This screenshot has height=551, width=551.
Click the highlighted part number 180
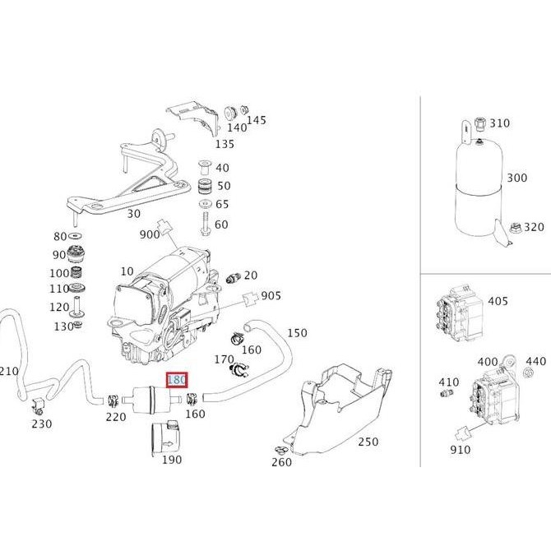177,380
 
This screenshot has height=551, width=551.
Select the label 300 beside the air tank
517,178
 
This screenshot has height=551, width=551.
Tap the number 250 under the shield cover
368,442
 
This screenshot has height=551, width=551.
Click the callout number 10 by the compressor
127,271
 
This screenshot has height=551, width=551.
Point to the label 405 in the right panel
498,302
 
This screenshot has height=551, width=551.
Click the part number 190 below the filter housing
171,460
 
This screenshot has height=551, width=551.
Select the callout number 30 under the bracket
133,213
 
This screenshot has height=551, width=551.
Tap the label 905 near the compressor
271,296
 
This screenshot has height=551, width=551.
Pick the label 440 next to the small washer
535,361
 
